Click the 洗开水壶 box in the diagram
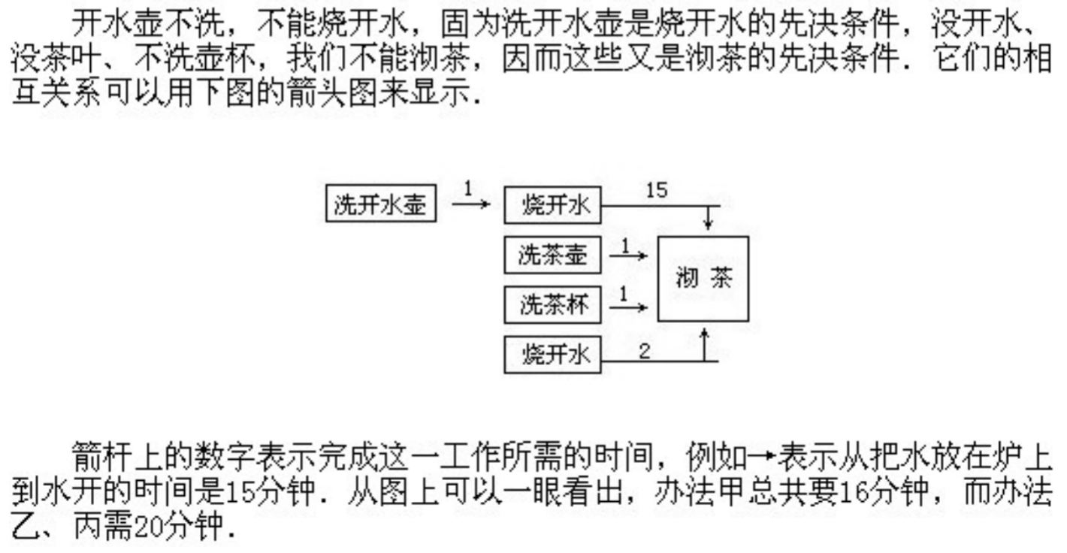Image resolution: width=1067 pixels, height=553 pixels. pos(381,204)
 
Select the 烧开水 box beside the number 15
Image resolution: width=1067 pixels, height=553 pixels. pos(552,206)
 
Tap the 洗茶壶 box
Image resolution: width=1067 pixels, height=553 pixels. pos(552,255)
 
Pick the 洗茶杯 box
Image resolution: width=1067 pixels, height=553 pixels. pos(552,306)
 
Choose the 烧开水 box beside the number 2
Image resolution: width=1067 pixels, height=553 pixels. pos(552,355)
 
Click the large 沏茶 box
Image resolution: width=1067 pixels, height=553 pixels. pos(703,279)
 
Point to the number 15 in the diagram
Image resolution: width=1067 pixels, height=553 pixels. pos(656,191)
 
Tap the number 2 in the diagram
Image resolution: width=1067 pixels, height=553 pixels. pos(644,351)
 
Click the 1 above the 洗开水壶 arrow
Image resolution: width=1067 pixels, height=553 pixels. pos(468,188)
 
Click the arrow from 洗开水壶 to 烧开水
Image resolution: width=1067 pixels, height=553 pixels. pos(471,204)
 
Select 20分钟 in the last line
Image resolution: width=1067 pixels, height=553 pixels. pos(177,529)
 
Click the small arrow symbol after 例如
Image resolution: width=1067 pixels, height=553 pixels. pos(764,457)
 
